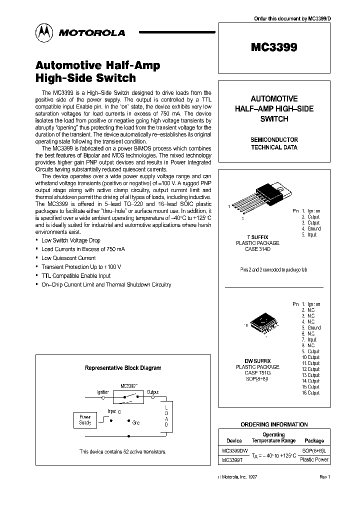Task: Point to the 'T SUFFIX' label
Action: click(257, 236)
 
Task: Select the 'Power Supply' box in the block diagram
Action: click(85, 419)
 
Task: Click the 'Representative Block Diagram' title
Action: click(123, 368)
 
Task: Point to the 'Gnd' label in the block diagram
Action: click(135, 422)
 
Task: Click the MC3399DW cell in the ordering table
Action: click(234, 451)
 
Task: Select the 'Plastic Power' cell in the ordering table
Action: click(314, 459)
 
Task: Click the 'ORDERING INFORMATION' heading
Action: click(274, 424)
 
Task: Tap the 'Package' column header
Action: click(314, 440)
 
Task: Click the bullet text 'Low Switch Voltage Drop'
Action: click(70, 240)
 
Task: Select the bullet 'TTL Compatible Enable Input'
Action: click(76, 275)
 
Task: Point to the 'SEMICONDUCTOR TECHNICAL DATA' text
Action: click(274, 143)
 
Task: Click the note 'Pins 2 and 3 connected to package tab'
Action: click(273, 269)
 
